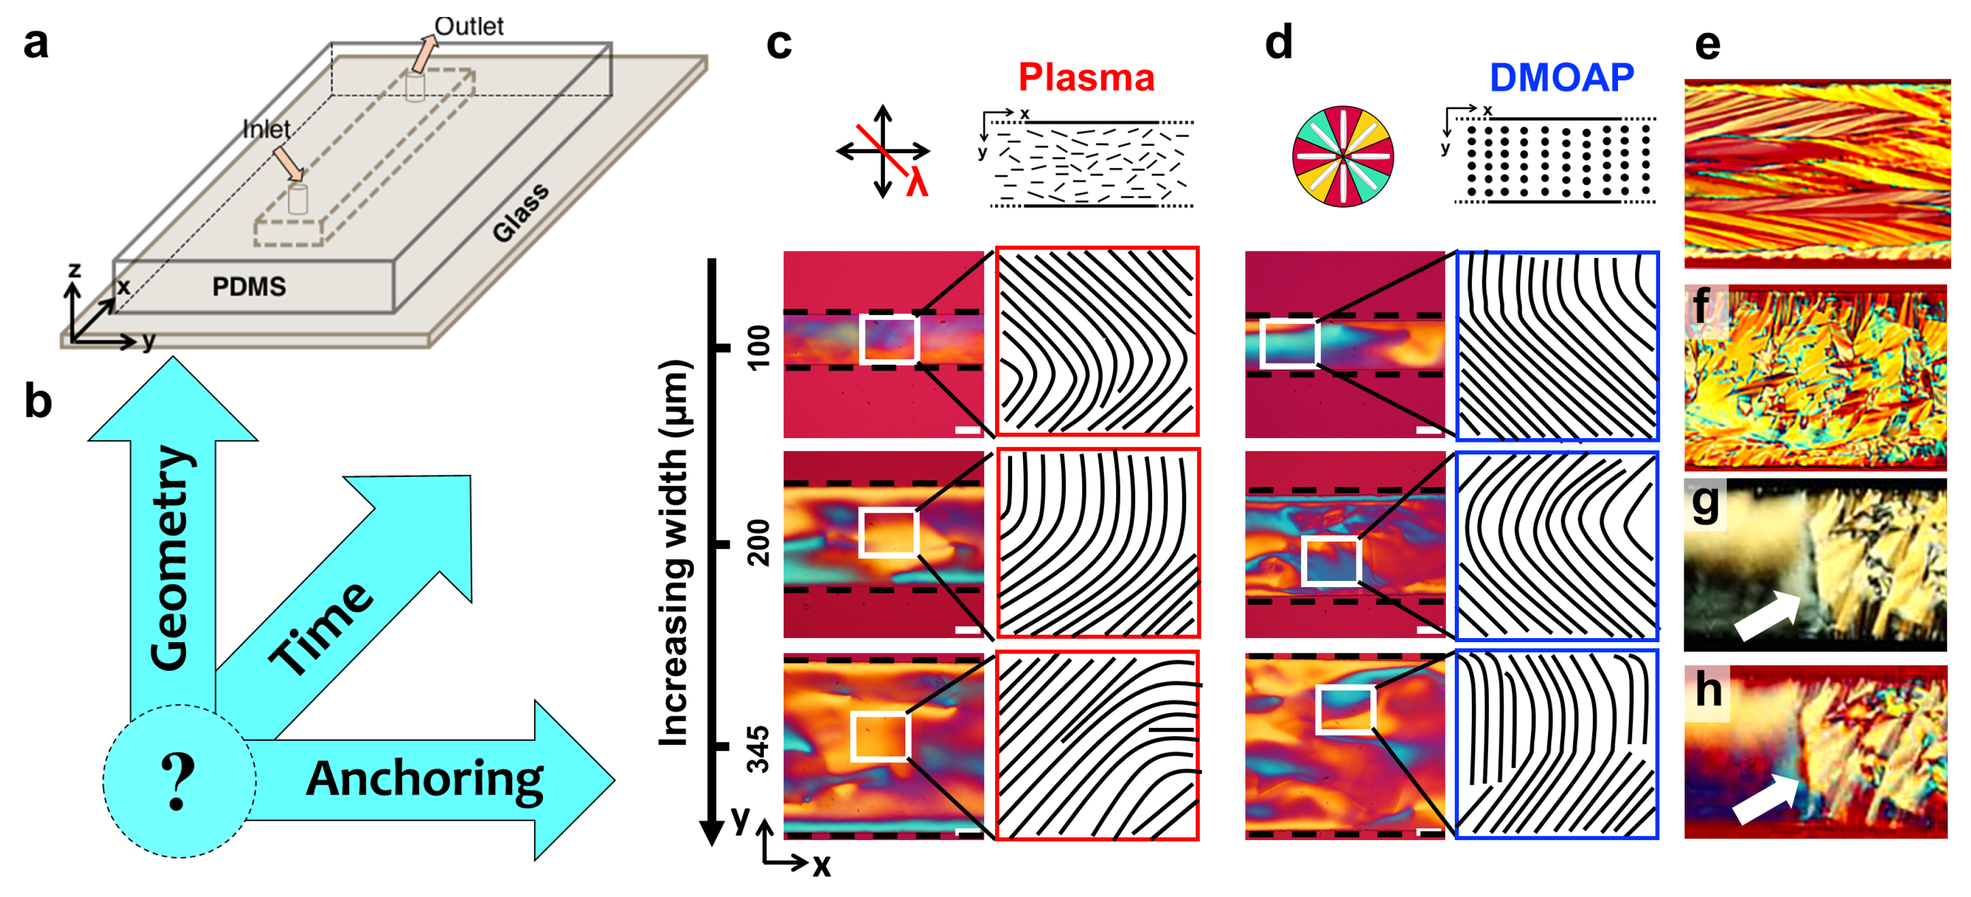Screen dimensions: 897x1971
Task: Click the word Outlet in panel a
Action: pos(469,26)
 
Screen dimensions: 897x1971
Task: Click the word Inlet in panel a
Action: pos(265,129)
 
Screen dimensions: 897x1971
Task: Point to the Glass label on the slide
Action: pos(521,213)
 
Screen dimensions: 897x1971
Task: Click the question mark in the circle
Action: pos(178,781)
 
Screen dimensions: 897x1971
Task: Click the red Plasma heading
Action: pos(1086,77)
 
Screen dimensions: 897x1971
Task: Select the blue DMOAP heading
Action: pos(1561,77)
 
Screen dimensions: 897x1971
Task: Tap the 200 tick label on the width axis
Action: pos(758,543)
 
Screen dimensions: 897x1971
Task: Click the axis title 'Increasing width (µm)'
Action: pos(674,551)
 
